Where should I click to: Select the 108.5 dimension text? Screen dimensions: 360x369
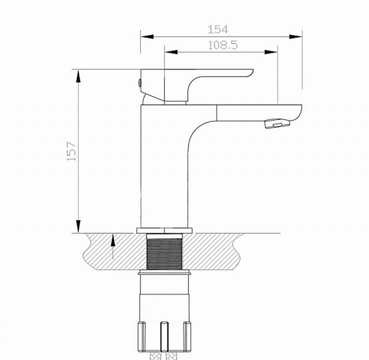pyautogui.click(x=223, y=44)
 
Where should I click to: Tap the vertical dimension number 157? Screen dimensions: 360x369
pyautogui.click(x=72, y=150)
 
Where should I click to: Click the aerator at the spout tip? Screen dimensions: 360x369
pyautogui.click(x=276, y=125)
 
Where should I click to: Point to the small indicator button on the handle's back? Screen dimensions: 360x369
pyautogui.click(x=140, y=82)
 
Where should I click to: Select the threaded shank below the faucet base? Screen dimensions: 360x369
pyautogui.click(x=164, y=252)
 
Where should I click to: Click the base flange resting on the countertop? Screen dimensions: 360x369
pyautogui.click(x=164, y=231)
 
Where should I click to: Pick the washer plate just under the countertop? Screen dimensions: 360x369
pyautogui.click(x=164, y=272)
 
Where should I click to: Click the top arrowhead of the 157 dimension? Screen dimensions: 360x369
pyautogui.click(x=78, y=73)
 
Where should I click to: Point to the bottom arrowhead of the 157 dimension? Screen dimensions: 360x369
pyautogui.click(x=78, y=228)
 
